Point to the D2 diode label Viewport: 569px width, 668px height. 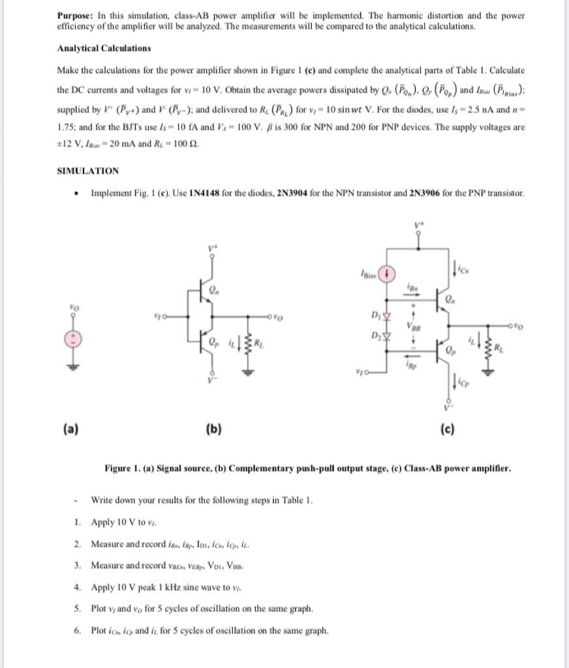coord(373,336)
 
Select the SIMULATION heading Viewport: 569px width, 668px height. coord(87,171)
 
